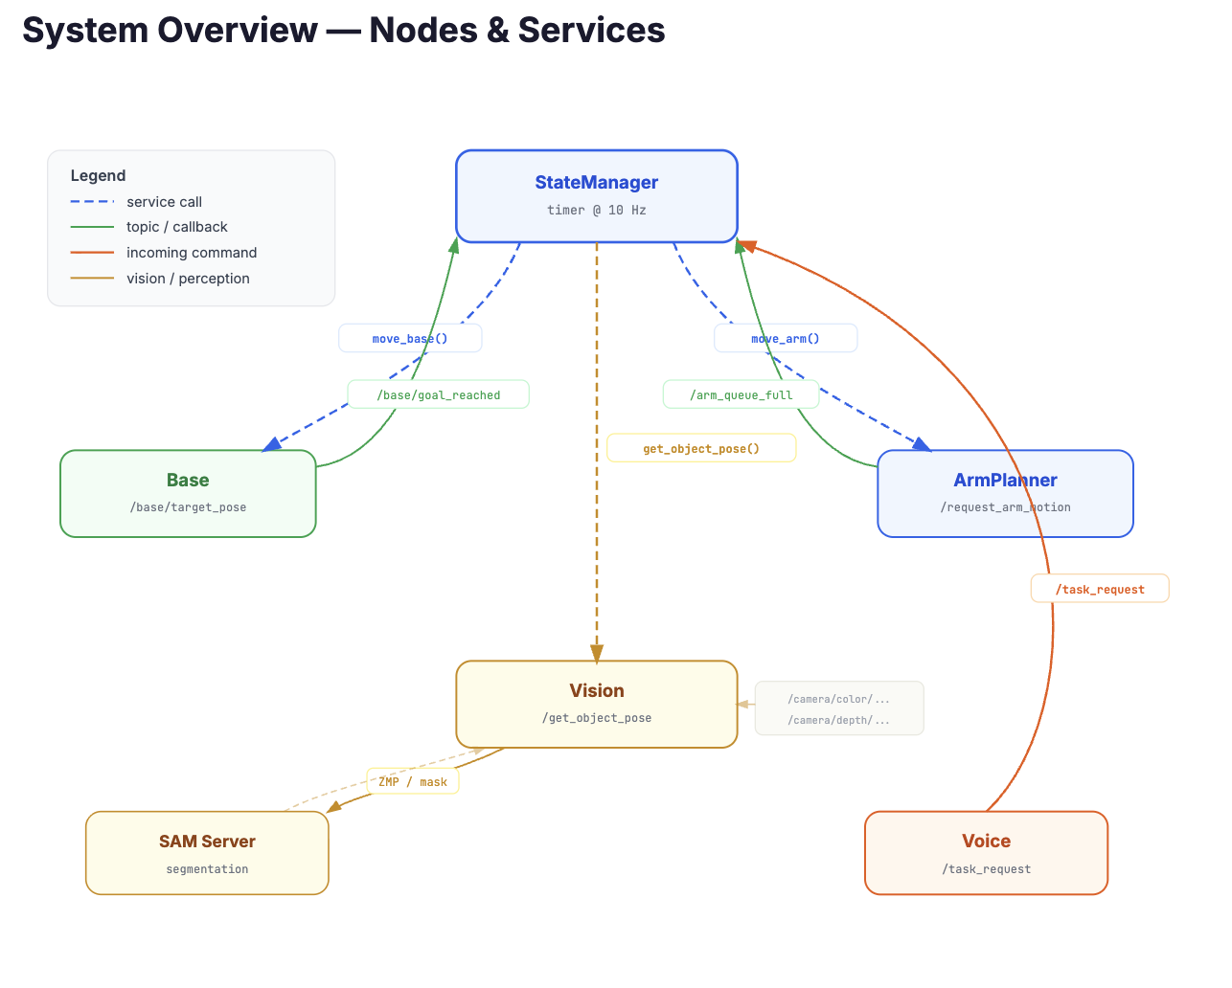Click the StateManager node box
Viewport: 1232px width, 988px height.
click(596, 195)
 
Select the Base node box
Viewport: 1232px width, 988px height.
click(188, 493)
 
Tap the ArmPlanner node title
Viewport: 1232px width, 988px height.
click(1005, 480)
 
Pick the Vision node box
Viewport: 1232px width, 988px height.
click(596, 704)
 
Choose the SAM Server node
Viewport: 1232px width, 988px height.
click(207, 853)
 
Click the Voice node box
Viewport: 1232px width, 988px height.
click(986, 853)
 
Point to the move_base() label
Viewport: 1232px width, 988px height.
click(410, 338)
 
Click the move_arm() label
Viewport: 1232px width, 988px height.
click(786, 338)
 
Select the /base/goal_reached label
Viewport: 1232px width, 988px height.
click(438, 394)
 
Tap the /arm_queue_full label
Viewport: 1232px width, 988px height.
click(741, 394)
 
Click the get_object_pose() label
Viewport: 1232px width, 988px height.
click(701, 448)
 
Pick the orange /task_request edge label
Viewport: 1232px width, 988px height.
click(1100, 589)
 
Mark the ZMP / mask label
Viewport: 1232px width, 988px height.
click(413, 781)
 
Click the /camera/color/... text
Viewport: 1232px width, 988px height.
click(838, 699)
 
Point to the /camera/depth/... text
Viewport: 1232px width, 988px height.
click(838, 720)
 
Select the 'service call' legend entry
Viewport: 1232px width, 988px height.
click(164, 202)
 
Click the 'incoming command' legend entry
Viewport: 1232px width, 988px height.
click(192, 253)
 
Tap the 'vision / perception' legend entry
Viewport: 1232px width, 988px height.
click(188, 279)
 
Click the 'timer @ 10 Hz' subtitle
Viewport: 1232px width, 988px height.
click(596, 210)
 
